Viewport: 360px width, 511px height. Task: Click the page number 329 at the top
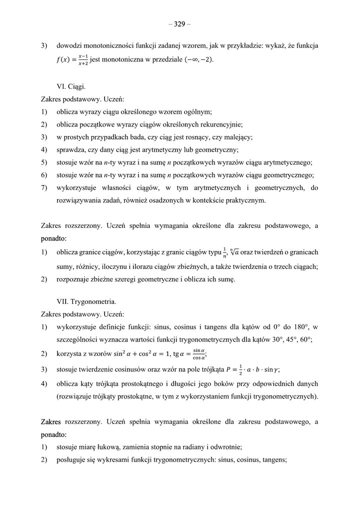tap(179, 23)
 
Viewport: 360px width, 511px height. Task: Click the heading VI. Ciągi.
tap(71, 86)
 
